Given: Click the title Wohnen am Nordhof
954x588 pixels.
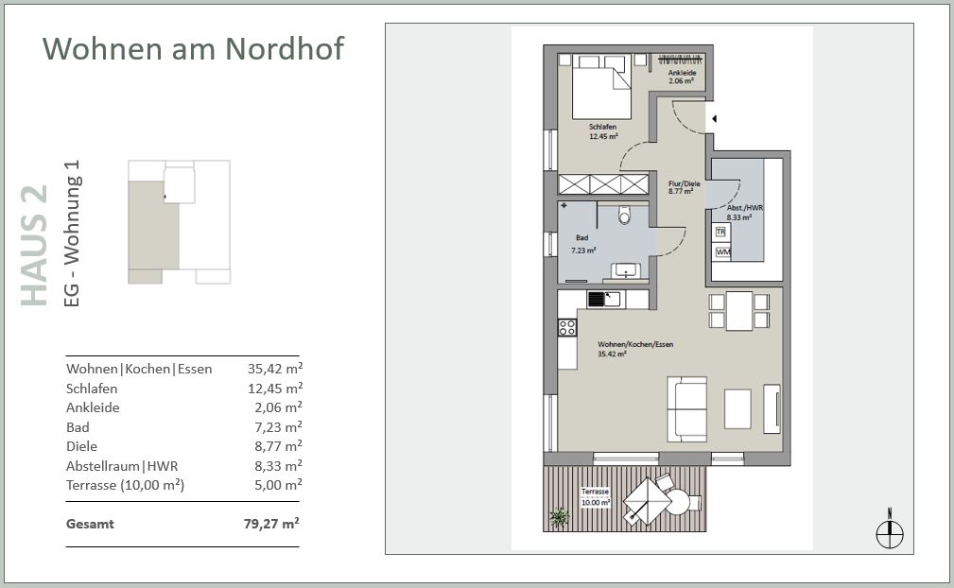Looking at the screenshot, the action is click(193, 48).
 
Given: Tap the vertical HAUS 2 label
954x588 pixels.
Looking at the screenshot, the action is click(35, 246).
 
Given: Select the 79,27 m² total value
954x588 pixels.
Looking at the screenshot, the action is click(271, 523).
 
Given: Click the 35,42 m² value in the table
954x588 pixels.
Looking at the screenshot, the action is click(275, 368).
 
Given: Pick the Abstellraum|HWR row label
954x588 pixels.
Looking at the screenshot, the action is click(122, 466).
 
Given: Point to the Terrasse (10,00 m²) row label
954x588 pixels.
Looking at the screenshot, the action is click(126, 485).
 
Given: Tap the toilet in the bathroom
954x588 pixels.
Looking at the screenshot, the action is click(624, 215).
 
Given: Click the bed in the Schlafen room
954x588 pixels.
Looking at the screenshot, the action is click(601, 87).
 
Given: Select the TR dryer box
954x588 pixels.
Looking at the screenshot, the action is click(721, 232).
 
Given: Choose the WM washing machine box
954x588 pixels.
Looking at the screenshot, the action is click(722, 251).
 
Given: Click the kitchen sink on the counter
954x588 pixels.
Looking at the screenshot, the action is click(603, 299).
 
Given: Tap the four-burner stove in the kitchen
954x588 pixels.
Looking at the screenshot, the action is click(567, 328).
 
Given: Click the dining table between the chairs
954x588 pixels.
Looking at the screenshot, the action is click(739, 311).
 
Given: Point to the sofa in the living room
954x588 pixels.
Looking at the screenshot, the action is click(687, 409).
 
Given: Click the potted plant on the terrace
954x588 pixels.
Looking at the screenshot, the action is click(559, 517).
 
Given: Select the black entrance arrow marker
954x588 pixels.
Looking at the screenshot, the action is click(715, 119).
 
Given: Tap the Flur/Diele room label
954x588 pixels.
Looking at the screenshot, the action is click(684, 187).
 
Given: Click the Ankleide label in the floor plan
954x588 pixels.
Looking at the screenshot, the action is click(682, 77).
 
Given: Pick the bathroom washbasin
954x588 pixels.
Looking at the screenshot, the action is click(625, 270).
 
